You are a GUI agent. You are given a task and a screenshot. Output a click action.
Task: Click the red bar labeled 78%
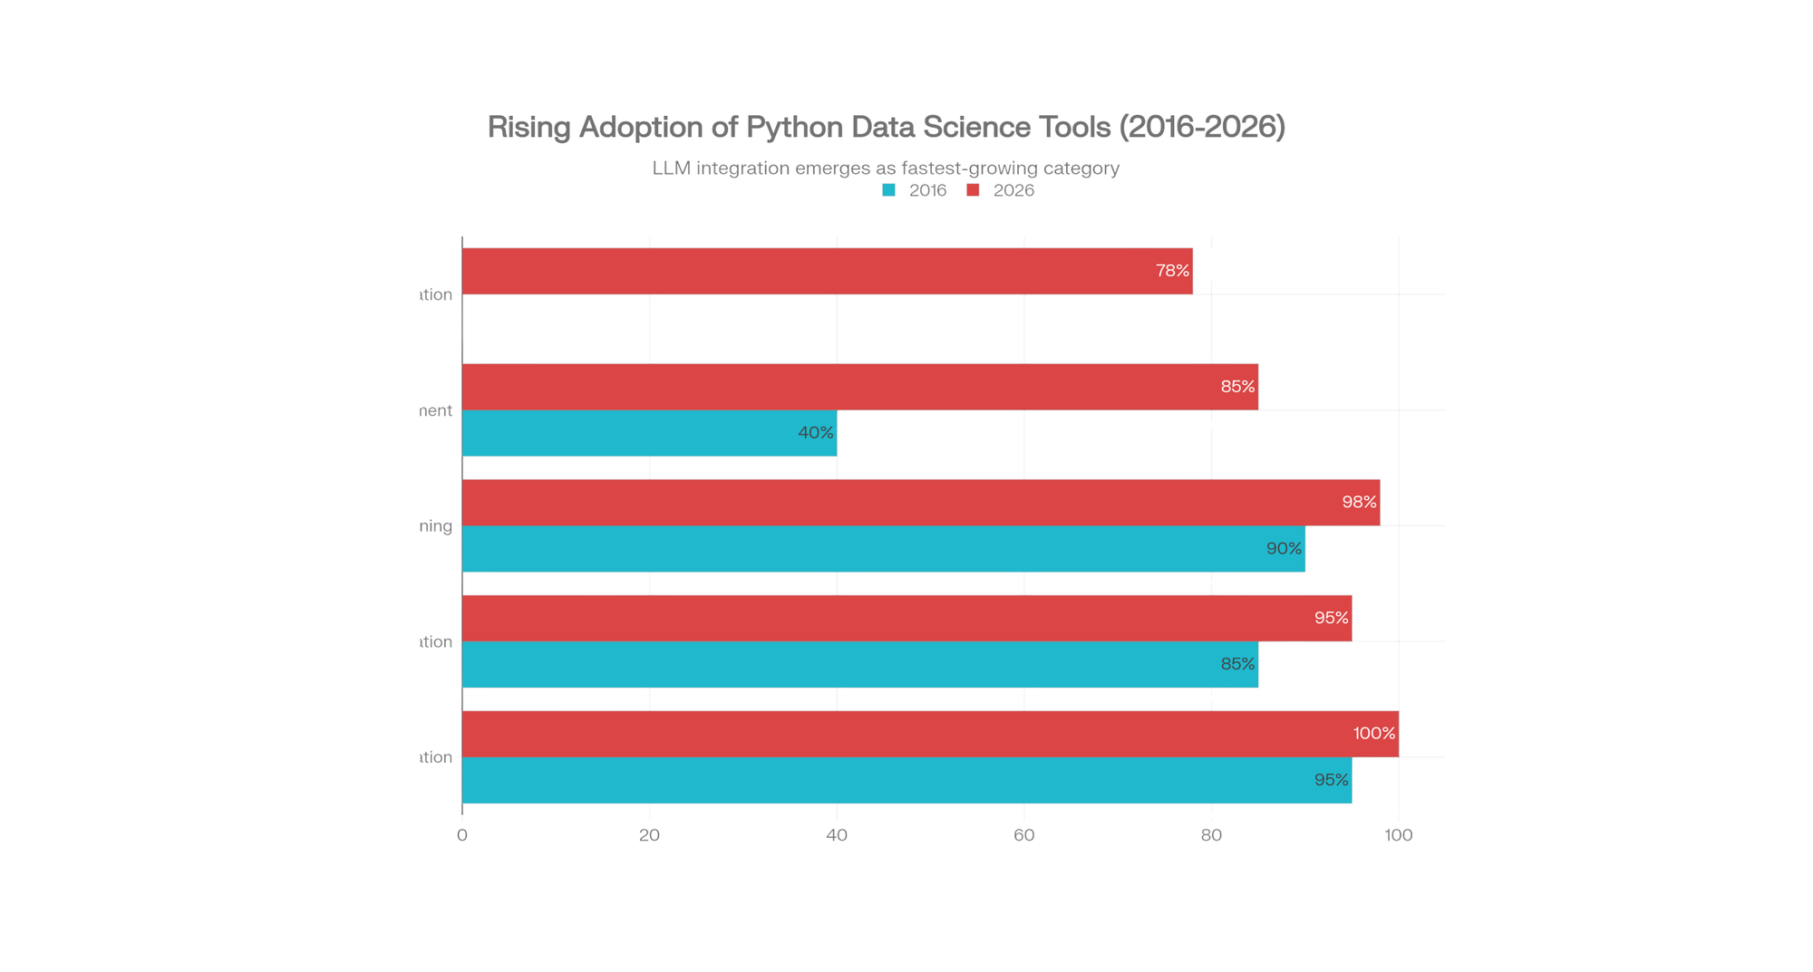click(827, 271)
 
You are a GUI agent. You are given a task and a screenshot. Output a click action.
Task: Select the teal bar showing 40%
click(649, 433)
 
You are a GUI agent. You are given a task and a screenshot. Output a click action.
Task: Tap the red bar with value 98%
click(920, 502)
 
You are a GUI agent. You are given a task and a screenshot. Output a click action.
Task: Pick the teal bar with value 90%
click(883, 549)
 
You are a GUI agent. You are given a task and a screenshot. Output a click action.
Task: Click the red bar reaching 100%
click(930, 734)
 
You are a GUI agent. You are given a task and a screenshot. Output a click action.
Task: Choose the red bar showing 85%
click(859, 387)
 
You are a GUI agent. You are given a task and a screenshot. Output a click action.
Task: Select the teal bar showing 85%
click(859, 664)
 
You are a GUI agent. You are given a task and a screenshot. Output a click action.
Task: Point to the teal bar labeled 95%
click(906, 780)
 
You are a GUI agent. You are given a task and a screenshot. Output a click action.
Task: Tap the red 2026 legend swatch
click(973, 190)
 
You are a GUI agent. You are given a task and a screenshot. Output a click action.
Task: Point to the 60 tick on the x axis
click(1023, 835)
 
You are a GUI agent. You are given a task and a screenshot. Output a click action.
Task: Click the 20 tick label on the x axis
click(649, 835)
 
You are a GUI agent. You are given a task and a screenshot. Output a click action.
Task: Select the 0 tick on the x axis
click(462, 835)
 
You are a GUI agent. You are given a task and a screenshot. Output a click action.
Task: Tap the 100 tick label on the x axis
click(1398, 835)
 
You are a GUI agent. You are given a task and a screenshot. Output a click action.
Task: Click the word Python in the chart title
click(794, 127)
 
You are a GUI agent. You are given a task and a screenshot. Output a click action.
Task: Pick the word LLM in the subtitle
click(671, 168)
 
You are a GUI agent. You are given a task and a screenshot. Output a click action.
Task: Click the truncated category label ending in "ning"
click(436, 526)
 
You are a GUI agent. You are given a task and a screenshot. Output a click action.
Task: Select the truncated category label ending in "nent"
click(436, 410)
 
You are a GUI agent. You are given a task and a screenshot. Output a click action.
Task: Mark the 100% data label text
click(1374, 734)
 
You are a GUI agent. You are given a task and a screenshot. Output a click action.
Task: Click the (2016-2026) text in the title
click(1202, 127)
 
